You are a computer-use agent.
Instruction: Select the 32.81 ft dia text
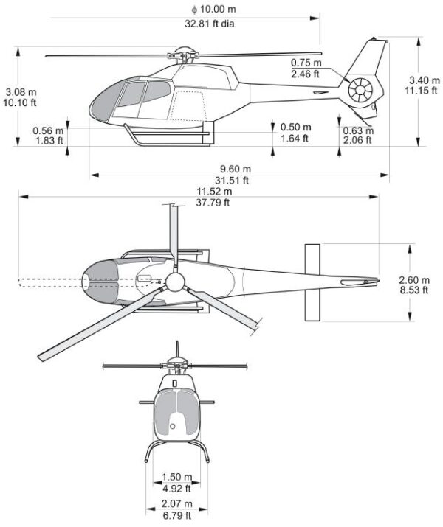coord(214,22)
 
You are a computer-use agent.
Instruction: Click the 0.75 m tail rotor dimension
coord(305,63)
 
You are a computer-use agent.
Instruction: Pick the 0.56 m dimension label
coord(47,130)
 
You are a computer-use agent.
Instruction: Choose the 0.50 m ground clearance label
coord(295,127)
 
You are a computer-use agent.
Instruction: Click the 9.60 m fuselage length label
coord(236,168)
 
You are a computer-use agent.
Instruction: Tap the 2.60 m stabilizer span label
coord(413,279)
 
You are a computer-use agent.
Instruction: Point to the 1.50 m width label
coord(176,477)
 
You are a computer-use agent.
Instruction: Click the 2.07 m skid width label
coord(176,503)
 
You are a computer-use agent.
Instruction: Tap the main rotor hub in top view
coord(175,282)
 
